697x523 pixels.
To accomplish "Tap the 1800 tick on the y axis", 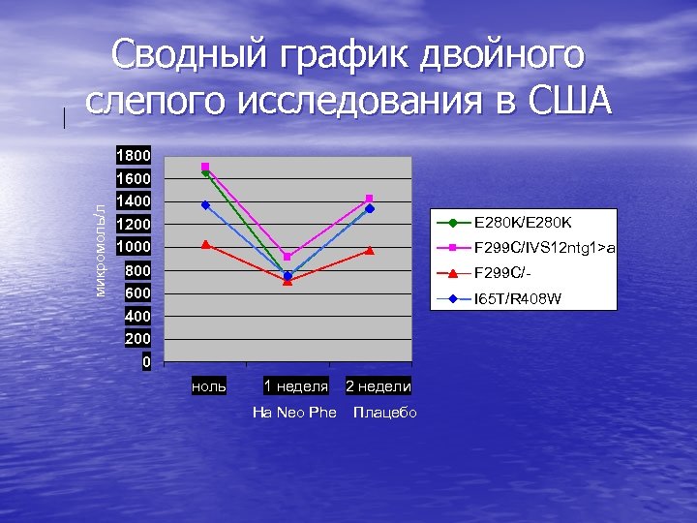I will pyautogui.click(x=133, y=155).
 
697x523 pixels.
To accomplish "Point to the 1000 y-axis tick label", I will pyautogui.click(x=133, y=247).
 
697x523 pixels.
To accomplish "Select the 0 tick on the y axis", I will pyautogui.click(x=146, y=361).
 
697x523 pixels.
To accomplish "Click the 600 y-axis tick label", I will pyautogui.click(x=136, y=292).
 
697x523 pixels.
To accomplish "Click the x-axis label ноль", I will pyautogui.click(x=209, y=386).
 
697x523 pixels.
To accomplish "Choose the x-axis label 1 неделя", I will pyautogui.click(x=296, y=386).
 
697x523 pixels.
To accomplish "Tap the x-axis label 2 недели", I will pyautogui.click(x=379, y=386).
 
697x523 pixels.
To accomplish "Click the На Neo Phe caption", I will pyautogui.click(x=294, y=413).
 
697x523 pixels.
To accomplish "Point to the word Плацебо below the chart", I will pyautogui.click(x=385, y=413).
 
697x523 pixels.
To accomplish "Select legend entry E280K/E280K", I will pyautogui.click(x=523, y=222).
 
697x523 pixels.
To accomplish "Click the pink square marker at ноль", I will pyautogui.click(x=205, y=167).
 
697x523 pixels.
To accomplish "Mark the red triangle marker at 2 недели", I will pyautogui.click(x=370, y=251).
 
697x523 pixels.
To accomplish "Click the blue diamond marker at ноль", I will pyautogui.click(x=205, y=205).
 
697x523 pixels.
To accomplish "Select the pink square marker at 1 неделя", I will pyautogui.click(x=288, y=257).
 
